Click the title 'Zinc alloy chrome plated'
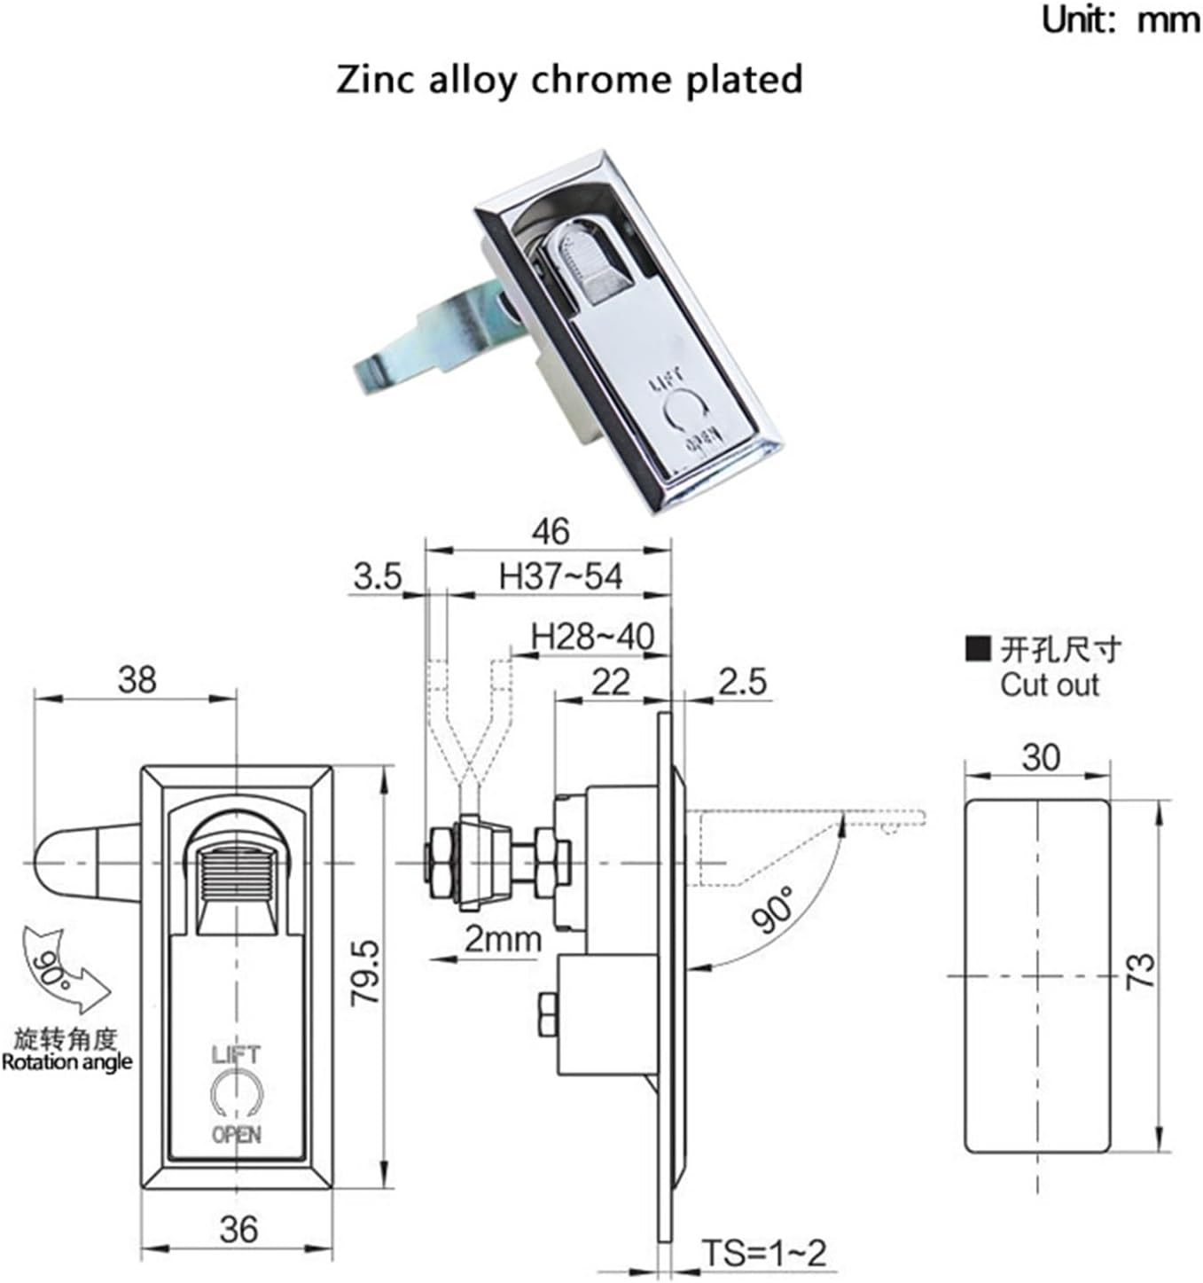(569, 79)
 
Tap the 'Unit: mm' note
(1120, 19)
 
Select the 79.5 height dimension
(365, 973)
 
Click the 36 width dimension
(238, 1229)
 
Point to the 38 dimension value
(137, 680)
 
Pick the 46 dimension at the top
(550, 531)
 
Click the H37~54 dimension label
(560, 576)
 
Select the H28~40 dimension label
(592, 636)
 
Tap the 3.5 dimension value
(378, 576)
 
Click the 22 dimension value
(610, 682)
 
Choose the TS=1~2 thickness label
(763, 1253)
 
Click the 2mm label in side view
(502, 939)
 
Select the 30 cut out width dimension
(1040, 757)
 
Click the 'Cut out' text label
(1049, 685)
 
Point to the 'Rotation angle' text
(66, 1061)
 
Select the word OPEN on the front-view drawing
(236, 1134)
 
